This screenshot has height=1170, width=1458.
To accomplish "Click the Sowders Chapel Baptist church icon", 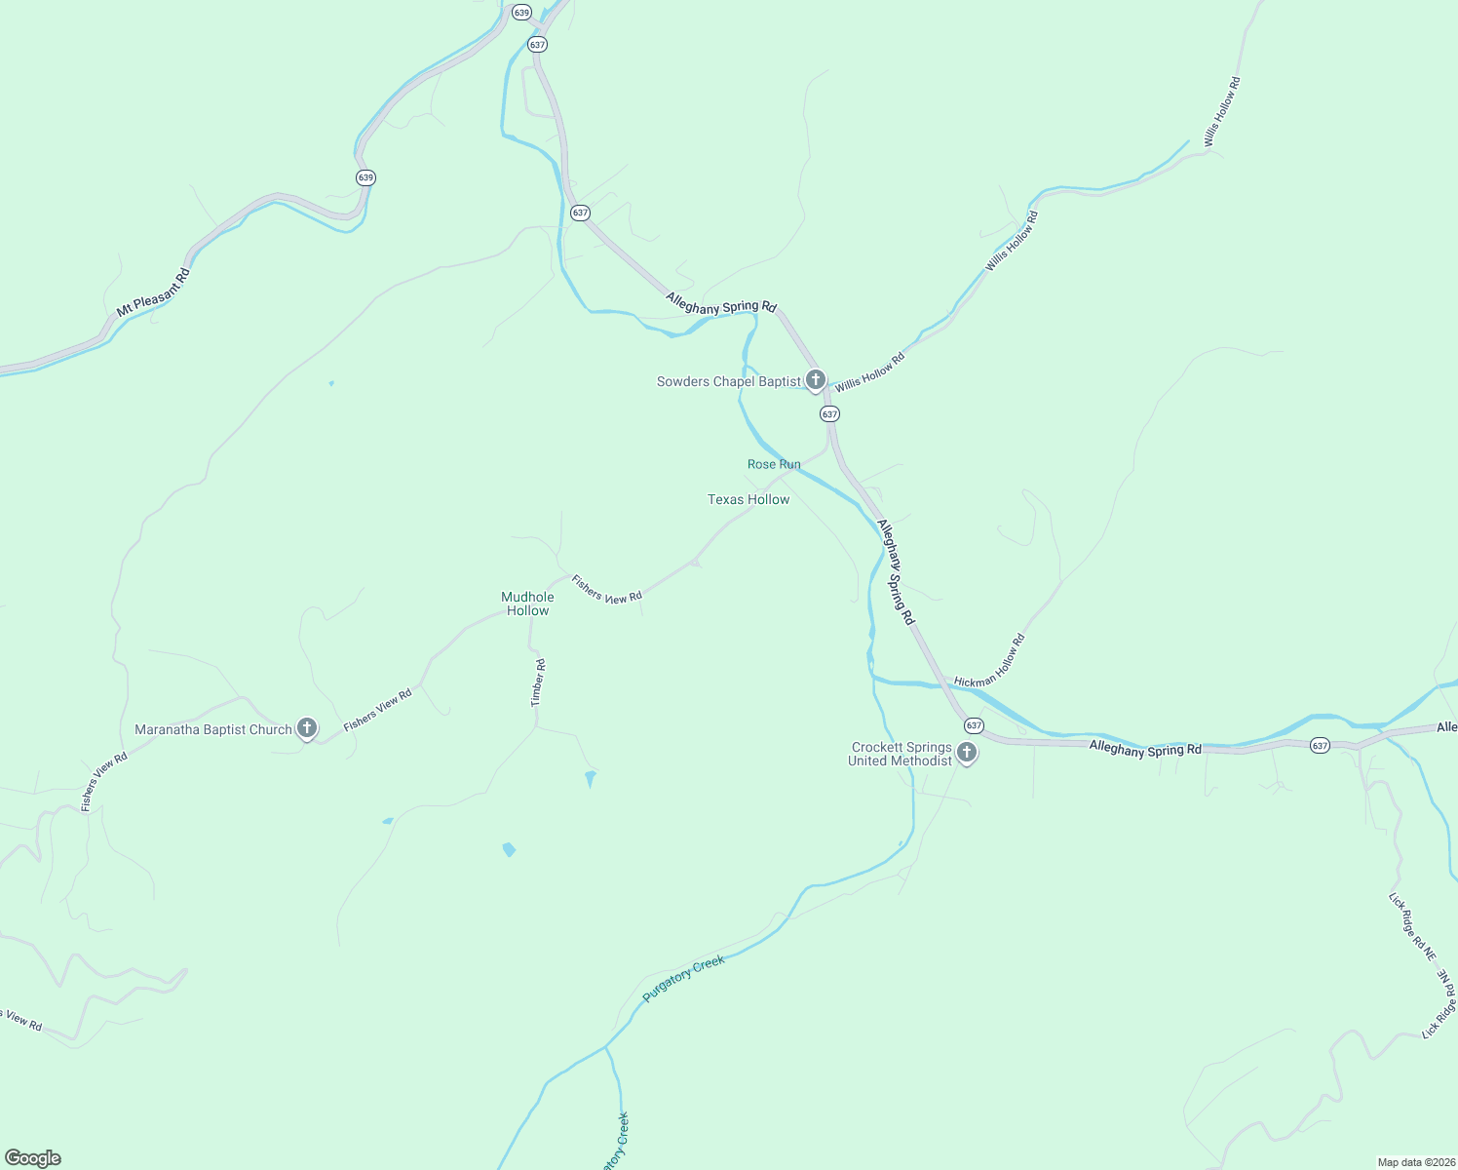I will click(816, 380).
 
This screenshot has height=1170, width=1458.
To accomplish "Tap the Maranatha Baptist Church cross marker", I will click(307, 728).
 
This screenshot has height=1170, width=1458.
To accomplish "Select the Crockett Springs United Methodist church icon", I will click(966, 753).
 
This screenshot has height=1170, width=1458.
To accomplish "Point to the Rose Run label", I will click(774, 464).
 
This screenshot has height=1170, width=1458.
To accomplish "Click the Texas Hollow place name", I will click(748, 499).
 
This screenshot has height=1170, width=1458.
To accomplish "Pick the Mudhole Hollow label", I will click(527, 604).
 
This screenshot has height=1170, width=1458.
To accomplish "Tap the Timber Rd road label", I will click(538, 682).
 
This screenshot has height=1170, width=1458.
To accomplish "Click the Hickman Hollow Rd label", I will click(991, 661).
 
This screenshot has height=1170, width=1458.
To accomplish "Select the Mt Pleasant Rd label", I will click(153, 292).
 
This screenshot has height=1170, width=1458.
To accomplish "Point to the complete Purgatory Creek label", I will click(684, 979).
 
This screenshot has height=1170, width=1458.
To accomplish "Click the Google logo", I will click(32, 1158).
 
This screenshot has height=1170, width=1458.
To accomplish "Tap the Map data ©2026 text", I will click(1414, 1162).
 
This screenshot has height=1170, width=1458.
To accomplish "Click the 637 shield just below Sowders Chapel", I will click(829, 413).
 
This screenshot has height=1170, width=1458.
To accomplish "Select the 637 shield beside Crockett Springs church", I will click(974, 725).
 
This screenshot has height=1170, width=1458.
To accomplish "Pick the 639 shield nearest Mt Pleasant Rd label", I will click(365, 177).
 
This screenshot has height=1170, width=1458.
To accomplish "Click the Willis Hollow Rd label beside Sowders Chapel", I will click(869, 371).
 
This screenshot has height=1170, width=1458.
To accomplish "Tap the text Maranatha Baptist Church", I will click(213, 729).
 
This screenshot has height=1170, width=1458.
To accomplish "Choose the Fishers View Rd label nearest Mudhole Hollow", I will click(606, 589).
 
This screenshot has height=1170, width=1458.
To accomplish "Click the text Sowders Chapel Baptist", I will click(729, 381).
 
